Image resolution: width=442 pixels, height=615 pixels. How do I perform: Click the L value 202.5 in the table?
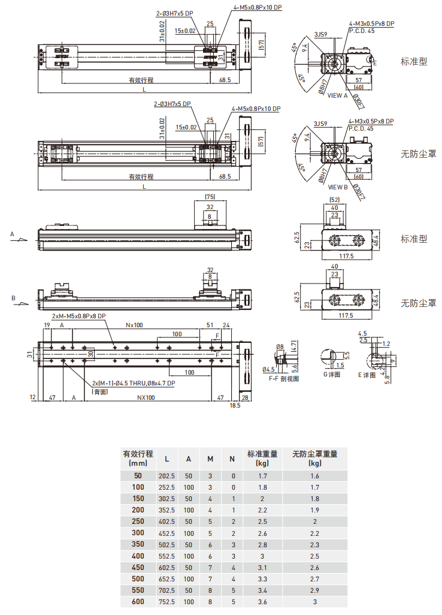point(166,476)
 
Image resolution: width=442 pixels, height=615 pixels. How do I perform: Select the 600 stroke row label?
point(138,601)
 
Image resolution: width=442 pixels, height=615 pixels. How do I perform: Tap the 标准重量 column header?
point(262,454)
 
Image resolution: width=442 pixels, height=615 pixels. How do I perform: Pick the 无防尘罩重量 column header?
point(315,454)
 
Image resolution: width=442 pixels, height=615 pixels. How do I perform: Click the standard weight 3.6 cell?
point(262,601)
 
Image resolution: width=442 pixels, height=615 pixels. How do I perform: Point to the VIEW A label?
point(337,95)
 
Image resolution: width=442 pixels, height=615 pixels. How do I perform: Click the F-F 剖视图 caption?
point(284,378)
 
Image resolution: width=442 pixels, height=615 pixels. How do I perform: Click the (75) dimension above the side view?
point(210,197)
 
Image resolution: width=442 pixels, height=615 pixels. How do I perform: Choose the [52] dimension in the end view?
point(335,200)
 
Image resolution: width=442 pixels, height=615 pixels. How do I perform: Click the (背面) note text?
point(100,391)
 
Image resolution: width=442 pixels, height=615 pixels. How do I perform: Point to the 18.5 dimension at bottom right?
point(235,406)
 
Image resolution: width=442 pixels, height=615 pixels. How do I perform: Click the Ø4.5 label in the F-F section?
point(269,369)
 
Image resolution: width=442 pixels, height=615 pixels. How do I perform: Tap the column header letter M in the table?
point(210,459)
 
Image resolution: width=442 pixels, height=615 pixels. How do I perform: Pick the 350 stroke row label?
point(138,544)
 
